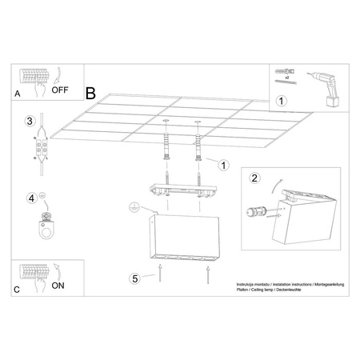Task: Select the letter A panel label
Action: point(18,94)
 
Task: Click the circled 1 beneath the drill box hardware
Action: point(281,101)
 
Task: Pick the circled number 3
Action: point(29,122)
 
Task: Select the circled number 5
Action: point(135,278)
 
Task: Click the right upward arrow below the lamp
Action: point(207,278)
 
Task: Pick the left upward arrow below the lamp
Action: point(161,278)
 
